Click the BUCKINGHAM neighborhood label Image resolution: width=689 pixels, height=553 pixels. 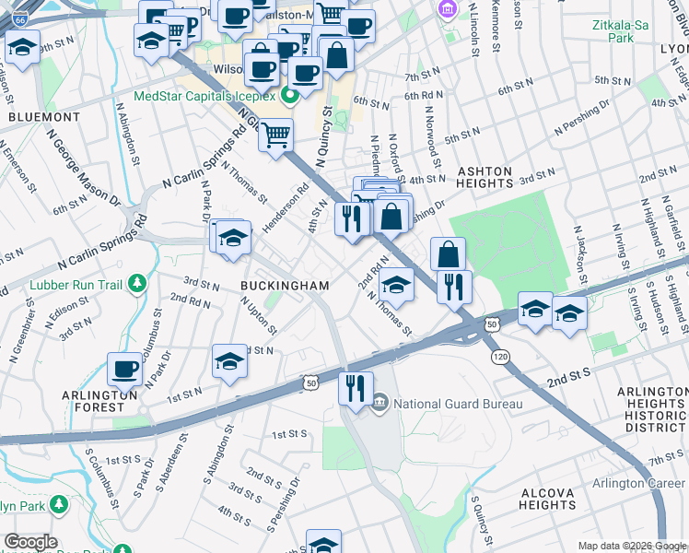coord(285,286)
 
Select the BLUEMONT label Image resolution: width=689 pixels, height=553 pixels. coord(43,117)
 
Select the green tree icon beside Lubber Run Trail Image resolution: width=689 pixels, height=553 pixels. coord(136,281)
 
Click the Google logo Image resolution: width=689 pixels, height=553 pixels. coord(30,542)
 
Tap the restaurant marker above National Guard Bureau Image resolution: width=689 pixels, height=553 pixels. coord(356,387)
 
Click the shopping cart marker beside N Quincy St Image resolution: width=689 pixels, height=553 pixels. coord(274,135)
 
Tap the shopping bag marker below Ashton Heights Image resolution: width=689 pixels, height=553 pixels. coord(448,253)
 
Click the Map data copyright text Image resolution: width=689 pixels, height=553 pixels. coord(632,546)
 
